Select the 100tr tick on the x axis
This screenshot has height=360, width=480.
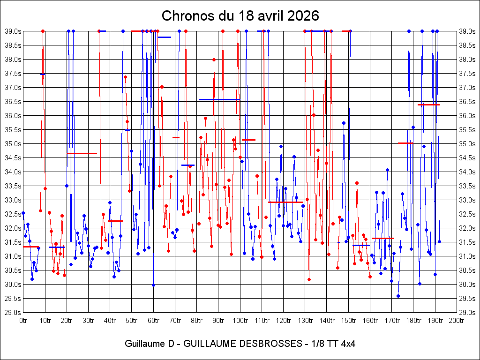pyautogui.click(x=240, y=321)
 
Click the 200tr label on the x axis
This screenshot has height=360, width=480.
pyautogui.click(x=457, y=321)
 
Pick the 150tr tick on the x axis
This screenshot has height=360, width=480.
pyautogui.click(x=348, y=321)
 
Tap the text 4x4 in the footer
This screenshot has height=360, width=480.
pyautogui.click(x=348, y=344)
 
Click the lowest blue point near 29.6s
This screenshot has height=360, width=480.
pyautogui.click(x=398, y=296)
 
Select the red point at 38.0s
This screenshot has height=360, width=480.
pyautogui.click(x=214, y=60)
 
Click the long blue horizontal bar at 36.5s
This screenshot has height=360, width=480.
pyautogui.click(x=219, y=99)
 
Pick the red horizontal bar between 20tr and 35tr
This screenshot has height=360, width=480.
pyautogui.click(x=82, y=153)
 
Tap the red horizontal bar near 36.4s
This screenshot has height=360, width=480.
pyautogui.click(x=428, y=105)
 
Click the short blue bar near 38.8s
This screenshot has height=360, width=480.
pyautogui.click(x=165, y=37)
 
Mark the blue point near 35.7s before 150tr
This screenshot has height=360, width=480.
pyautogui.click(x=344, y=123)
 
